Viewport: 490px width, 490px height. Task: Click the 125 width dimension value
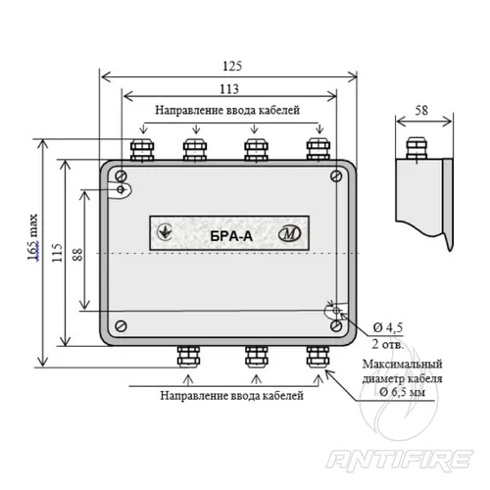[x=232, y=66]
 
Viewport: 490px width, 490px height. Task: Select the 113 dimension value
[x=229, y=89]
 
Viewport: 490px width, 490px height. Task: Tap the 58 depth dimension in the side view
[x=421, y=111]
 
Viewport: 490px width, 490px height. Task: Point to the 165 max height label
[x=32, y=237]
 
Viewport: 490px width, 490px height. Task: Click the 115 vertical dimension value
[x=57, y=253]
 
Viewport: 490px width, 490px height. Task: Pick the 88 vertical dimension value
[x=77, y=255]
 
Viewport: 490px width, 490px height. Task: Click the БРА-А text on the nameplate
[x=231, y=236]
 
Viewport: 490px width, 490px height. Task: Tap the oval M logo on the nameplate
[x=289, y=233]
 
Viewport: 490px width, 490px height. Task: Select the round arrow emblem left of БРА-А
[x=165, y=231]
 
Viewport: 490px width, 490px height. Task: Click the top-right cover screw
[x=336, y=176]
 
